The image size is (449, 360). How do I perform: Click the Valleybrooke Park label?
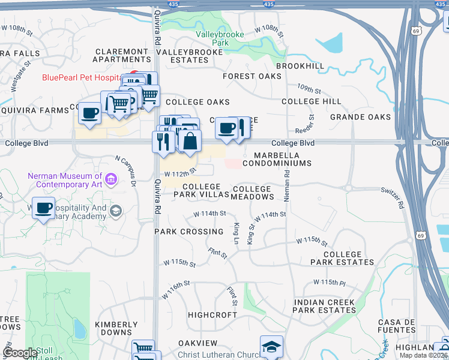point(220,39)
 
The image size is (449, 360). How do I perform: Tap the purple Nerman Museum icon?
point(110,179)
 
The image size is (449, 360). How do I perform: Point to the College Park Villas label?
point(201,191)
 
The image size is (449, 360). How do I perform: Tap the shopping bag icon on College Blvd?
point(190,142)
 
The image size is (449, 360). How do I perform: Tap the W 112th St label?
point(180,173)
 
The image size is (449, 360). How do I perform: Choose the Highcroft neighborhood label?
point(212,314)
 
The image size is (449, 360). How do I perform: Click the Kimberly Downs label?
point(113,328)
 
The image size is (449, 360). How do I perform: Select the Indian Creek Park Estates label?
point(324,306)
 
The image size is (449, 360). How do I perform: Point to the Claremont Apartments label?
point(122,55)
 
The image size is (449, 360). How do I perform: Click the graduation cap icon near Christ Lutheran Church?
point(271,346)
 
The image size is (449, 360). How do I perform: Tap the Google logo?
point(20,353)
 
